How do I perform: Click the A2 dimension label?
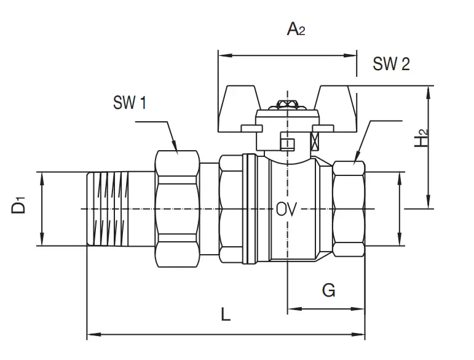[296, 30]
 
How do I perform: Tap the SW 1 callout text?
[130, 102]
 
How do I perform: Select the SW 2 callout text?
[391, 64]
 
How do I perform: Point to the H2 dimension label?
[421, 138]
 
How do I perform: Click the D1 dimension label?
[18, 205]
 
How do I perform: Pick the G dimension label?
[328, 290]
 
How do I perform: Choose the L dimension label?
[226, 314]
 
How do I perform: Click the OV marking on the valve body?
[286, 209]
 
